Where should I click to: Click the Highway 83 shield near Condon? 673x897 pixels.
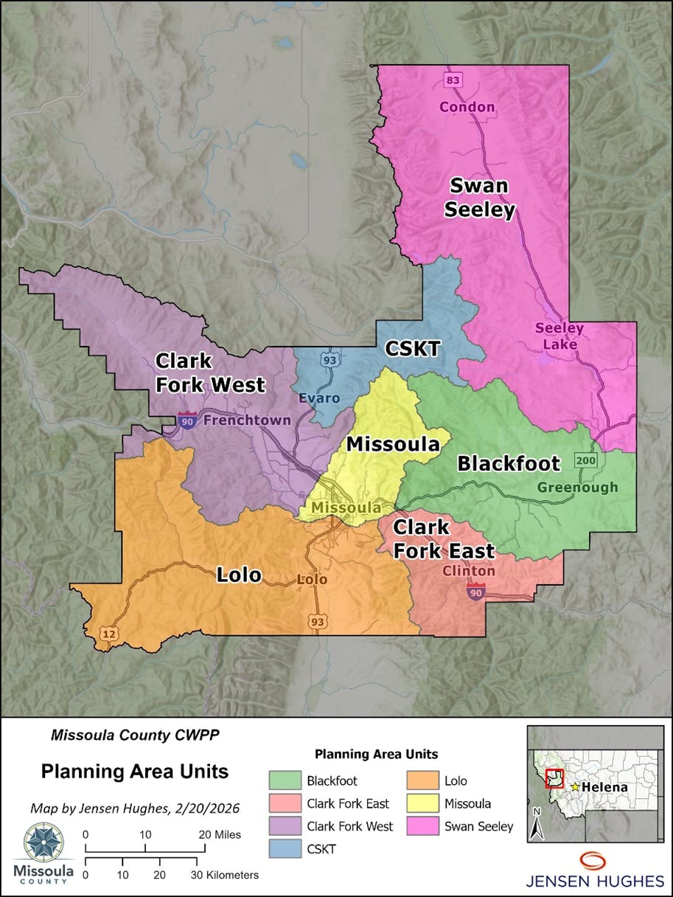[x=452, y=79]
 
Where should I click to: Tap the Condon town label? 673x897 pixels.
[x=467, y=107]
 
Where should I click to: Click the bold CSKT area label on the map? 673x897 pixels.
[x=413, y=349]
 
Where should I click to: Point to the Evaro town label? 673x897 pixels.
[x=319, y=398]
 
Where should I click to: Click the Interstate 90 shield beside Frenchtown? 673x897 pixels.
[x=187, y=421]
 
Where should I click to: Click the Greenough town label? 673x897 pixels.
[x=577, y=488]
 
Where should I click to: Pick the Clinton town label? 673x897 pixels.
[x=469, y=571]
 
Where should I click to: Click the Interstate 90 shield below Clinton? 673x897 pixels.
[x=475, y=591]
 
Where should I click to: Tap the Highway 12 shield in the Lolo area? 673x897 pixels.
[x=108, y=634]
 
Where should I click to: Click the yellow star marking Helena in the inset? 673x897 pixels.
[x=575, y=787]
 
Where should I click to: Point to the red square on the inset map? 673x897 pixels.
[x=554, y=779]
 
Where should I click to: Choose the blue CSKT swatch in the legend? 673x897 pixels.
[x=284, y=849]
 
